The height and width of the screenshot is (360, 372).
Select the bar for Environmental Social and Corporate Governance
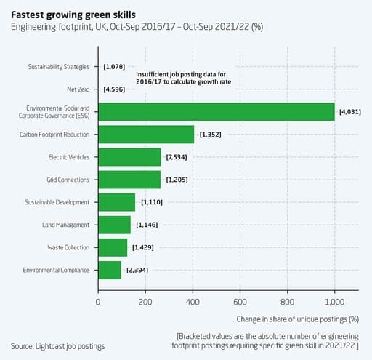click(x=216, y=111)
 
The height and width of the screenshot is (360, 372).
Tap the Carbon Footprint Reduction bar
click(x=146, y=135)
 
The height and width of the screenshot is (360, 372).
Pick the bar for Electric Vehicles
click(x=129, y=157)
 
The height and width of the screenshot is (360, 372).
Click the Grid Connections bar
click(x=129, y=180)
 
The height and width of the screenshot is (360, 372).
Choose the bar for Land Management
click(x=114, y=225)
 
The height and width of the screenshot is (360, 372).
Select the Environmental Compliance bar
click(x=110, y=270)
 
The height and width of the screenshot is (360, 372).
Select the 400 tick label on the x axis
click(x=193, y=301)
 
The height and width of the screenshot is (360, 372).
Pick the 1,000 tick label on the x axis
click(x=334, y=301)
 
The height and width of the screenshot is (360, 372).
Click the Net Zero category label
click(x=78, y=89)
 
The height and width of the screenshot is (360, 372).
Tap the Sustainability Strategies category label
click(x=59, y=67)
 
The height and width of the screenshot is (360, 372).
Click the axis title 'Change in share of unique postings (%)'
click(x=298, y=319)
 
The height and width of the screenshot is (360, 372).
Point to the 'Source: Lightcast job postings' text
click(x=57, y=345)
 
